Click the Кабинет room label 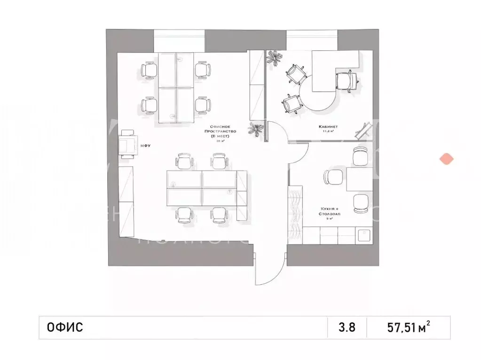327,127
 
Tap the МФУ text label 145,145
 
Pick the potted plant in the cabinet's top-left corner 274,59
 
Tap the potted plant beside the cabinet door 256,129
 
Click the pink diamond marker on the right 446,159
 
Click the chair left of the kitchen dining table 333,177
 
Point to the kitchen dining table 360,179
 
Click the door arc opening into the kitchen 298,158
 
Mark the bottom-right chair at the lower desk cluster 220,215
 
